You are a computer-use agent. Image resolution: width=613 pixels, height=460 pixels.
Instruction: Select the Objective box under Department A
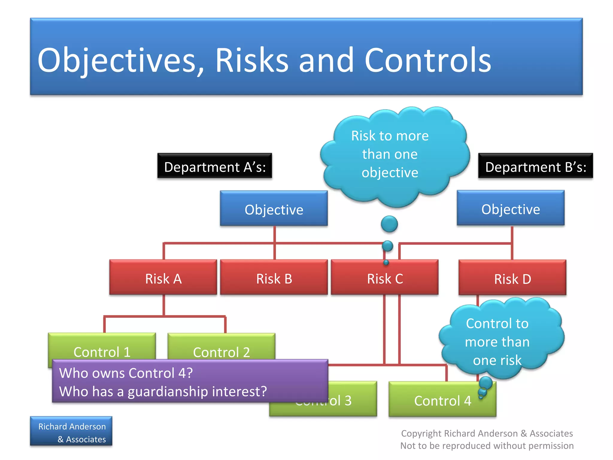[x=274, y=208]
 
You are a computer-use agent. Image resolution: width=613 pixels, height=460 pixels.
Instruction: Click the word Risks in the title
[x=252, y=60]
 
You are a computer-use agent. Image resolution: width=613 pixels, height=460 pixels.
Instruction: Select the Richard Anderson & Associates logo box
[x=71, y=431]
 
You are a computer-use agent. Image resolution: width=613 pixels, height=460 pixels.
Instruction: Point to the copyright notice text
[x=487, y=439]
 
